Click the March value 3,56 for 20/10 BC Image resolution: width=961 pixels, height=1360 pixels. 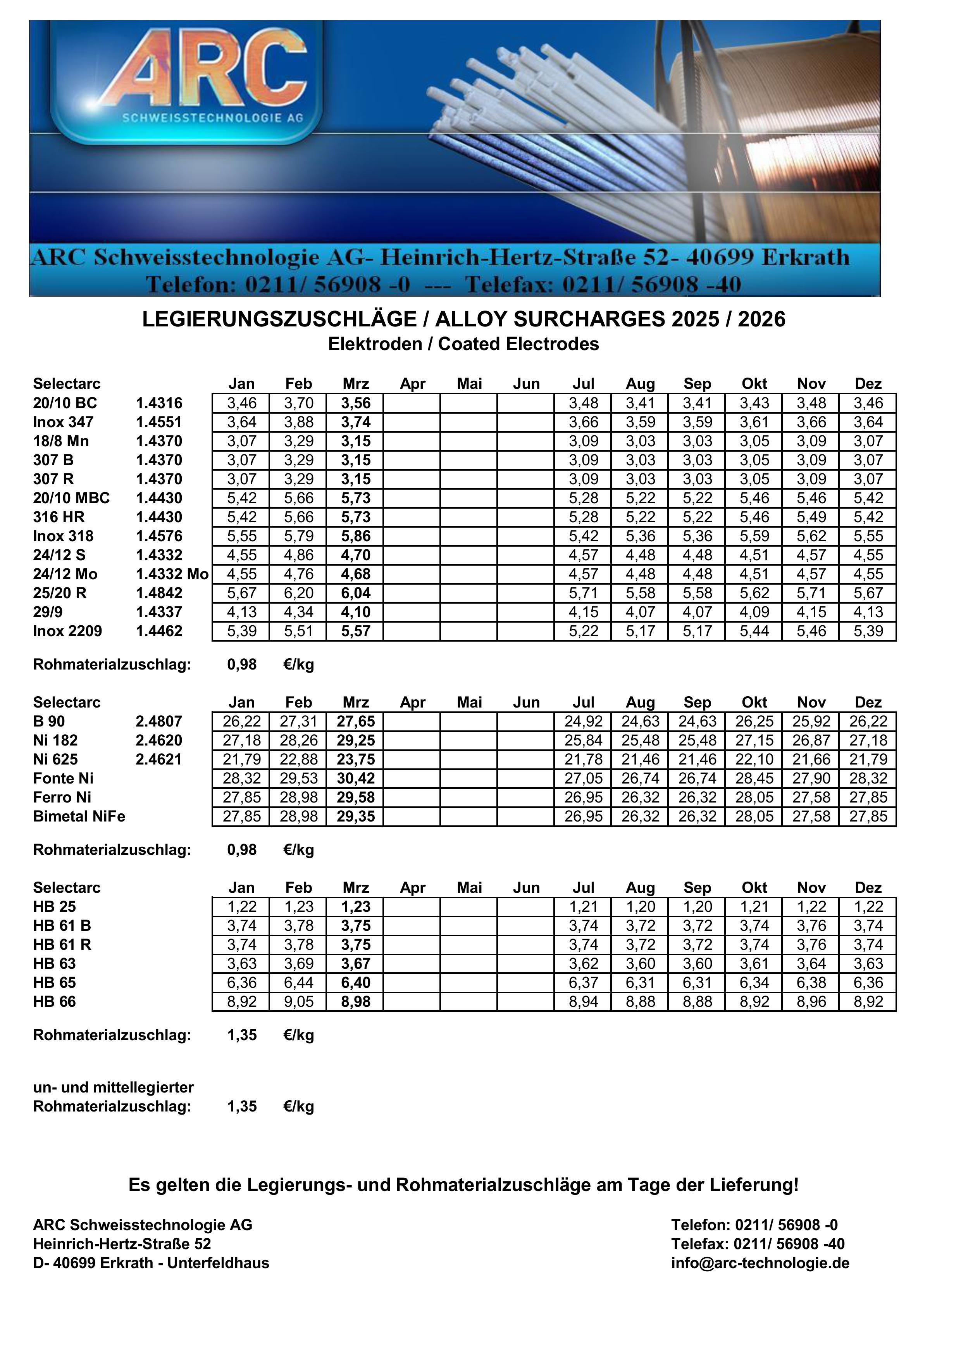(x=356, y=403)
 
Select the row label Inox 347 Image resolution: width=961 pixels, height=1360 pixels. (x=63, y=422)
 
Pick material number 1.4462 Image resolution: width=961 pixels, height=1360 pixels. (x=159, y=631)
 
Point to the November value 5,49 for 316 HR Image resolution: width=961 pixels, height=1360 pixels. (x=811, y=517)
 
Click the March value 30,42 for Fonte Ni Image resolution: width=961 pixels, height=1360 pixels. (x=356, y=778)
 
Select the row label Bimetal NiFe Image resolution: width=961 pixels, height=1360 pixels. (x=79, y=816)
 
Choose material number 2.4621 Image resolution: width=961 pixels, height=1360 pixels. (x=159, y=759)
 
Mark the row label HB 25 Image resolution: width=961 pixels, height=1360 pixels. (x=55, y=907)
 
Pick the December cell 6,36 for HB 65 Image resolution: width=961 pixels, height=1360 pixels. (x=868, y=983)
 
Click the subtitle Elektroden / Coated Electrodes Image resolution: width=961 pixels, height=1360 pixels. (x=463, y=344)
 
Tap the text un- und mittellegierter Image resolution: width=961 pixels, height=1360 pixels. (x=113, y=1087)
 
